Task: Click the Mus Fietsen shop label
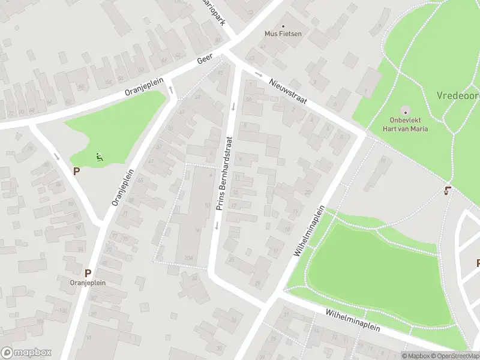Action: click(x=283, y=34)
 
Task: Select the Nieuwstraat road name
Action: click(x=287, y=92)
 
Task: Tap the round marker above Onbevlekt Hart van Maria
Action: click(x=404, y=111)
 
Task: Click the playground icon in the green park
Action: click(x=100, y=158)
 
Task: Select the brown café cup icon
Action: click(x=446, y=191)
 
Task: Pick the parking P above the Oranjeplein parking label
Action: click(x=88, y=272)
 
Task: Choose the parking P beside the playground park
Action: click(x=76, y=171)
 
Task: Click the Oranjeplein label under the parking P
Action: click(x=88, y=283)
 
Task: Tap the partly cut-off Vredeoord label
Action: click(x=458, y=95)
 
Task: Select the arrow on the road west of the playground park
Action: click(x=56, y=157)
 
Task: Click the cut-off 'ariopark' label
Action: click(x=215, y=11)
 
